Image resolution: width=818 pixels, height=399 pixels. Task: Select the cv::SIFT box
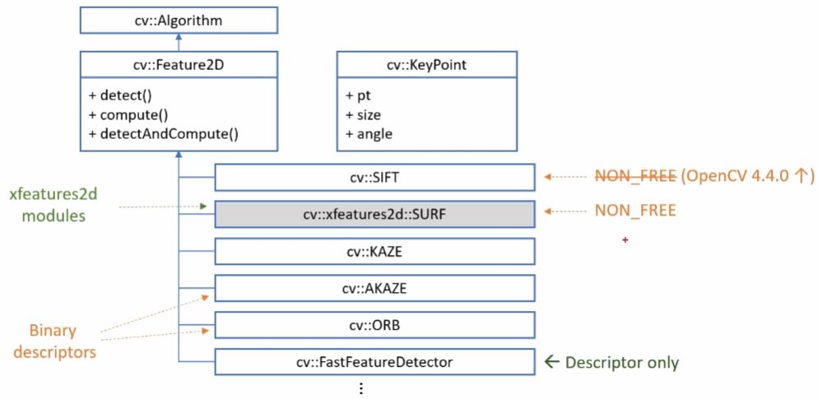point(374,176)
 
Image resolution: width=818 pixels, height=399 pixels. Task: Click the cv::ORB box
point(374,324)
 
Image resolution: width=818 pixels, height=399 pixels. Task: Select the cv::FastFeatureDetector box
point(374,361)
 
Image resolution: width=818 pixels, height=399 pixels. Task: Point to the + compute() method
point(124,114)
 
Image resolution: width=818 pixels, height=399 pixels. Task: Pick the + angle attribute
point(369,133)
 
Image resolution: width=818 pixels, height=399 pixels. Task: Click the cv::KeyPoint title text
point(426,65)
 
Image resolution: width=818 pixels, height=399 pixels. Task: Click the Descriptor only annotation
point(612,361)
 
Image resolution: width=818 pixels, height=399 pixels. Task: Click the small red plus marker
point(626,239)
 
